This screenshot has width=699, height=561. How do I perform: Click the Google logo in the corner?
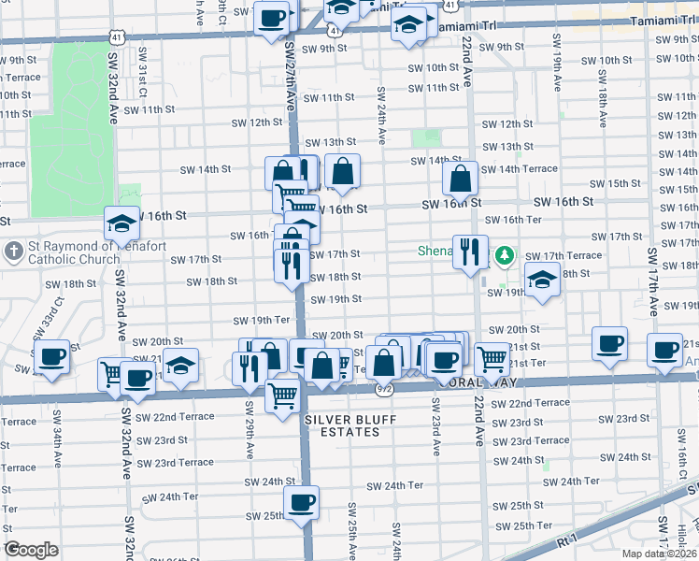coord(31,550)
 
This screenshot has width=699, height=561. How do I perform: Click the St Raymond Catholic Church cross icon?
coord(14,252)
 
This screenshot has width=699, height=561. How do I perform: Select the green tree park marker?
coord(505,254)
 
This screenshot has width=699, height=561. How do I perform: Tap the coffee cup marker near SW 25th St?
coord(301,503)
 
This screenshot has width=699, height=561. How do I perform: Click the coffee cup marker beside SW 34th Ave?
coord(50,355)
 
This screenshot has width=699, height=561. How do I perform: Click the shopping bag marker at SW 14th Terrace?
coord(461,178)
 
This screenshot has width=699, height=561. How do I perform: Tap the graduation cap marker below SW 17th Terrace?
coord(542,280)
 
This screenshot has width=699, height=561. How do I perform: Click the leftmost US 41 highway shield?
coord(116,36)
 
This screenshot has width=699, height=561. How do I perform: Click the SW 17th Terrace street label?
coord(563,255)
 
